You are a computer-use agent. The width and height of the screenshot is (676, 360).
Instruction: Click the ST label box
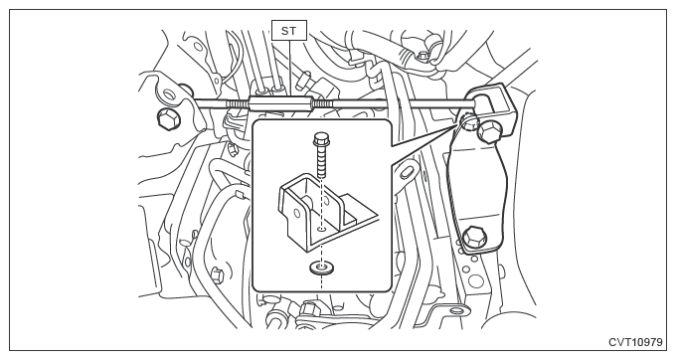tap(289, 30)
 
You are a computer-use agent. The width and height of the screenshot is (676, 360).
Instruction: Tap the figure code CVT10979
tap(635, 342)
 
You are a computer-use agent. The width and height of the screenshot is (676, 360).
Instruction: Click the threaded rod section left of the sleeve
tap(237, 103)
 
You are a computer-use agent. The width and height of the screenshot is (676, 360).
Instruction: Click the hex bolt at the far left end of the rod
tap(166, 118)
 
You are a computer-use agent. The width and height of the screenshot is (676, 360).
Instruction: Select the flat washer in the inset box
tap(321, 269)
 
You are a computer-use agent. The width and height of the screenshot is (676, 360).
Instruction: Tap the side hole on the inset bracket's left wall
tap(296, 213)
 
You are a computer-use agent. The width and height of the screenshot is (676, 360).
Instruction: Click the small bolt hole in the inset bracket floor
tap(321, 229)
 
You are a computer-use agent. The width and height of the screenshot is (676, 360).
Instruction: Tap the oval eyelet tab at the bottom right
tap(455, 310)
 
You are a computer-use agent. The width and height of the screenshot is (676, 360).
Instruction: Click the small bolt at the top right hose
tap(422, 56)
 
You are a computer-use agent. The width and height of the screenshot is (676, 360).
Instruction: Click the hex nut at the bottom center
tap(309, 308)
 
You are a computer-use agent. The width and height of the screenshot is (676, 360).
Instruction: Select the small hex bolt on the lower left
tap(217, 274)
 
